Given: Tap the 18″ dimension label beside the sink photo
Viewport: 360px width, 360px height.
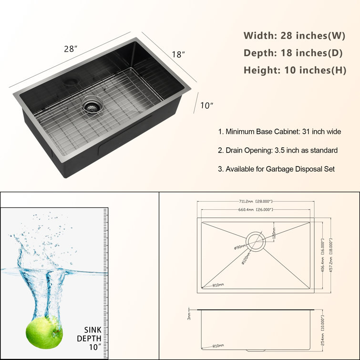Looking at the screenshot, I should coord(178,54).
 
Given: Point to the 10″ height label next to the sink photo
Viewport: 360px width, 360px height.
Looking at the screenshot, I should coord(206,105).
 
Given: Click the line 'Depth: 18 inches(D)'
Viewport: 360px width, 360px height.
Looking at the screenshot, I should coord(295,52).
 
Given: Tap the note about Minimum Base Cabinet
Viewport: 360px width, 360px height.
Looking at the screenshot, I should coord(279,131).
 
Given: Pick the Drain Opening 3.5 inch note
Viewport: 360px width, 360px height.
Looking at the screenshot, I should coord(278,150).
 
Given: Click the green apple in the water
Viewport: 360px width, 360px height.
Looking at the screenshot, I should coord(44,331).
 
